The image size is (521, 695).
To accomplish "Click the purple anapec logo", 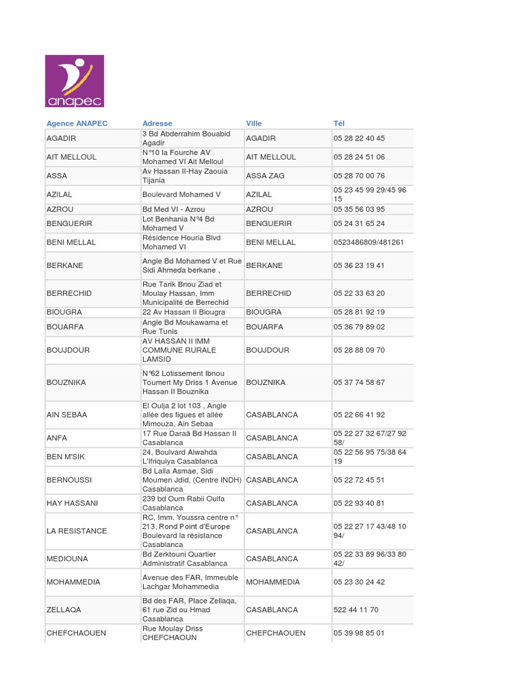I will (74, 81).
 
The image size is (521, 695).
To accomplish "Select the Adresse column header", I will (157, 124).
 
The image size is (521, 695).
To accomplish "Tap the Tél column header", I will (339, 124).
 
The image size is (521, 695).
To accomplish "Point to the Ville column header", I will (254, 124).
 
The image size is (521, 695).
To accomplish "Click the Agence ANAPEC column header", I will (77, 124).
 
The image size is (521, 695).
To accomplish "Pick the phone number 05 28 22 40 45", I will (359, 138).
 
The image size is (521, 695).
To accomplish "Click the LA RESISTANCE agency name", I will (77, 531).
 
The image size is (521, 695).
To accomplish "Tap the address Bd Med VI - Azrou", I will (174, 210).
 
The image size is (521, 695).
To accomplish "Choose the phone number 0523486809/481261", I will (368, 242).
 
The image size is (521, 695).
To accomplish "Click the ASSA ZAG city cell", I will (265, 176).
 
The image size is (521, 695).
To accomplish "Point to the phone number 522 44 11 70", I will (356, 610).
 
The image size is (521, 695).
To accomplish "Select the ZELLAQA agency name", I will (64, 610).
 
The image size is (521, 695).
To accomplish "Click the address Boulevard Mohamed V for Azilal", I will (182, 195).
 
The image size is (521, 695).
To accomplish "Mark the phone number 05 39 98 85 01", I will (359, 633).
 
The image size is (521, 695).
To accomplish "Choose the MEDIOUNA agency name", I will (66, 559).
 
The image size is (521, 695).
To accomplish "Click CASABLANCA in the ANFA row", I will (272, 438).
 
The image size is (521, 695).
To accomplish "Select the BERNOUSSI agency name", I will (69, 480).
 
